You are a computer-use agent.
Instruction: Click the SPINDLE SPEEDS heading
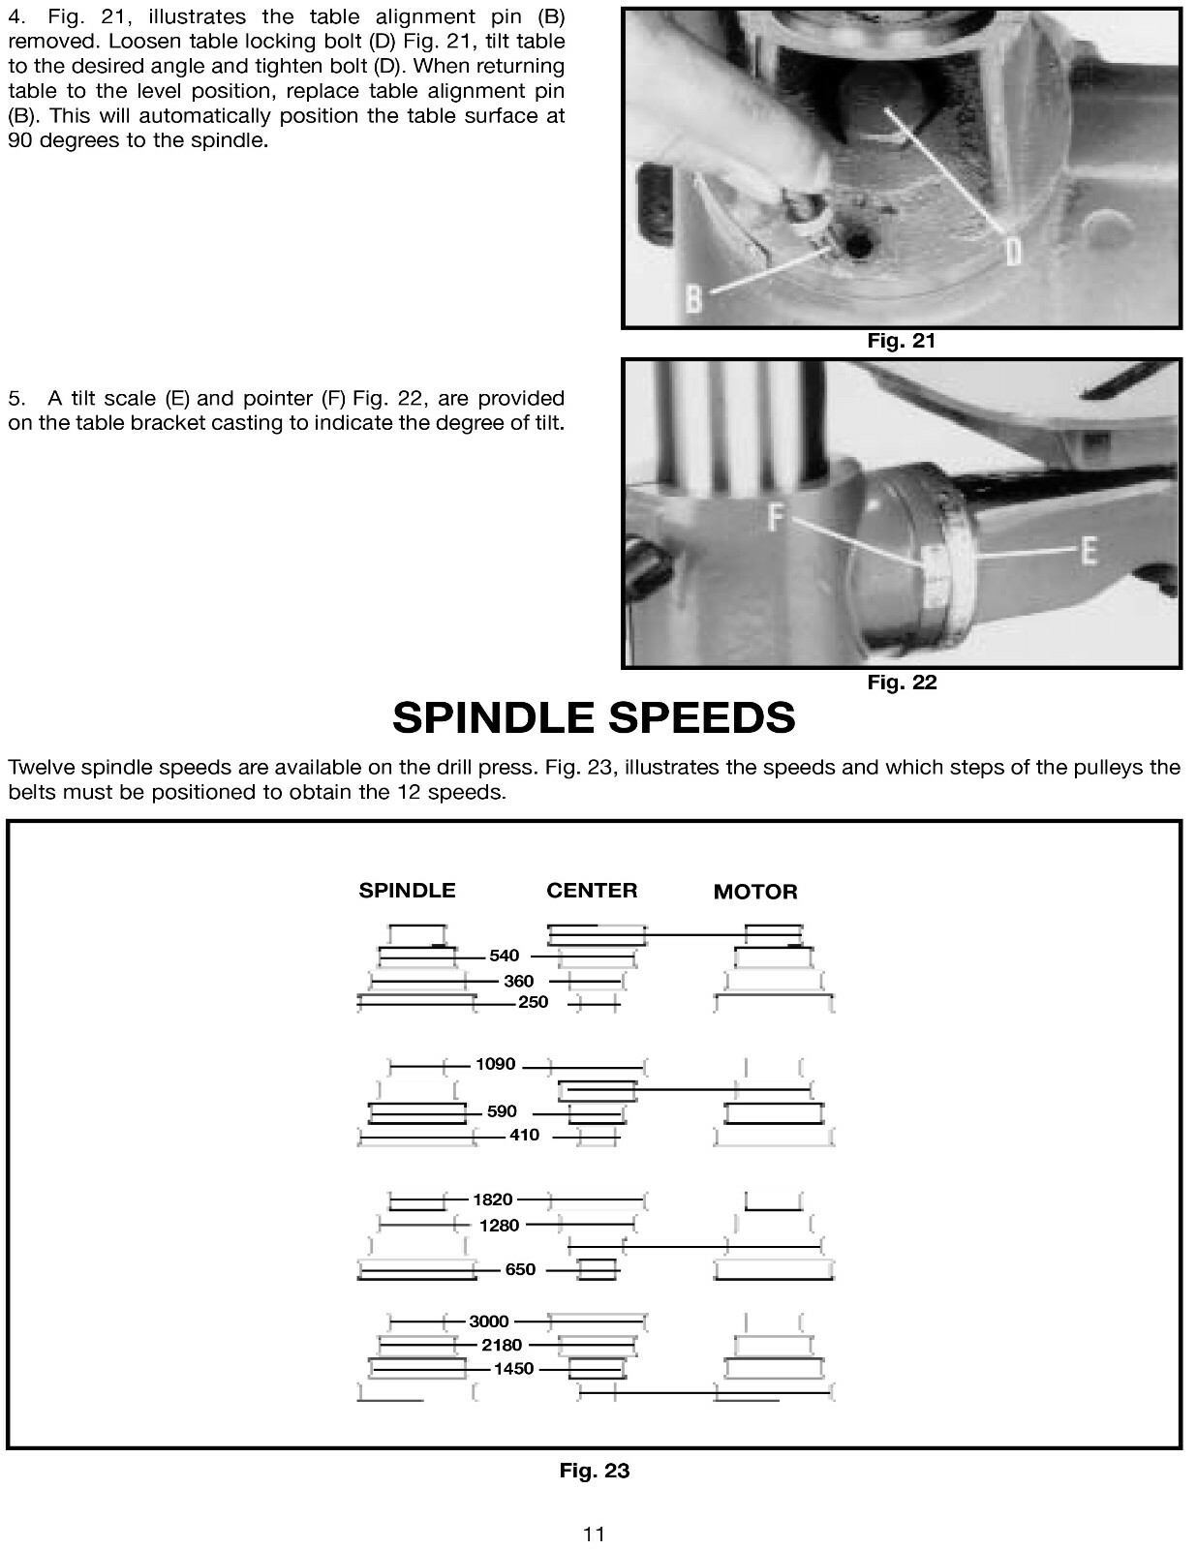pyautogui.click(x=594, y=718)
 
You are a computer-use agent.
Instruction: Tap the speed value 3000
pyautogui.click(x=488, y=1321)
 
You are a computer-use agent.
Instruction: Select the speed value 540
pyautogui.click(x=504, y=956)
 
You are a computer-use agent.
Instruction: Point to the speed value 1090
pyautogui.click(x=495, y=1064)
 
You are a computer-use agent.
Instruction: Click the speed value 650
pyautogui.click(x=520, y=1269)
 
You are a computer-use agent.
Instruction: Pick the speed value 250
pyautogui.click(x=533, y=1002)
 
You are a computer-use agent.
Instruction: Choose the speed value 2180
pyautogui.click(x=502, y=1345)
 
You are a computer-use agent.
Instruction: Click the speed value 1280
pyautogui.click(x=499, y=1226)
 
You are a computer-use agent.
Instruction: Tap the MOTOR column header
pyautogui.click(x=755, y=892)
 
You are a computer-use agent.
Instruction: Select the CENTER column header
pyautogui.click(x=592, y=891)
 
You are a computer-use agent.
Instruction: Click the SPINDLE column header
pyautogui.click(x=407, y=891)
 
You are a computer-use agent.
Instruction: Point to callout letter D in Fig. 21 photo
pyautogui.click(x=1011, y=252)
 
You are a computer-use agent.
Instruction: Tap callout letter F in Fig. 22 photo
pyautogui.click(x=777, y=518)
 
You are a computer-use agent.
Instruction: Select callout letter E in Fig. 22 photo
pyautogui.click(x=1088, y=552)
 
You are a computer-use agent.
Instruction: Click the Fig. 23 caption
pyautogui.click(x=594, y=1471)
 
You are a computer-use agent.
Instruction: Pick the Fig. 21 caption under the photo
pyautogui.click(x=901, y=341)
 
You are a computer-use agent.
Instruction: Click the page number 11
pyautogui.click(x=594, y=1534)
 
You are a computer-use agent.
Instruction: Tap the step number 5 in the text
pyautogui.click(x=14, y=399)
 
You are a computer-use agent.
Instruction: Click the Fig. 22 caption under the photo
pyautogui.click(x=901, y=682)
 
